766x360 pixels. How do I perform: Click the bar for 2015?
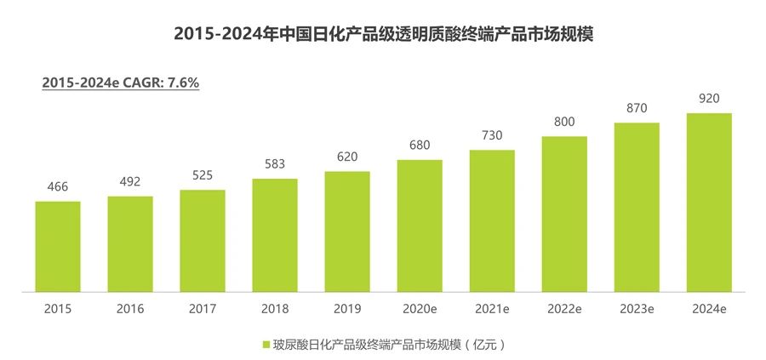point(58,248)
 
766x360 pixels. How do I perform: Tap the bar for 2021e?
point(492,221)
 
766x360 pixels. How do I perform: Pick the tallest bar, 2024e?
point(709,203)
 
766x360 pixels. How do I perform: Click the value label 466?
point(58,188)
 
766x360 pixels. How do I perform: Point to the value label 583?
point(275,165)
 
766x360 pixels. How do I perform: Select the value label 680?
point(420,146)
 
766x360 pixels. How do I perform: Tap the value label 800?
point(564,123)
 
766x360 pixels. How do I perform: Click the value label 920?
point(709,99)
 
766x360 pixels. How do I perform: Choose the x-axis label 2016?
point(130,309)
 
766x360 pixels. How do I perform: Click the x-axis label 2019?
point(347,309)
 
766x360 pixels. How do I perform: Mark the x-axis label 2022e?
point(564,309)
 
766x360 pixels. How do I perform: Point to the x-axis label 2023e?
point(637,309)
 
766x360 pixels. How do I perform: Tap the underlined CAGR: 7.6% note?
point(120,83)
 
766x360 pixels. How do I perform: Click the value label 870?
point(637,108)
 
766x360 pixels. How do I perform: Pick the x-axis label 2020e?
point(420,309)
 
